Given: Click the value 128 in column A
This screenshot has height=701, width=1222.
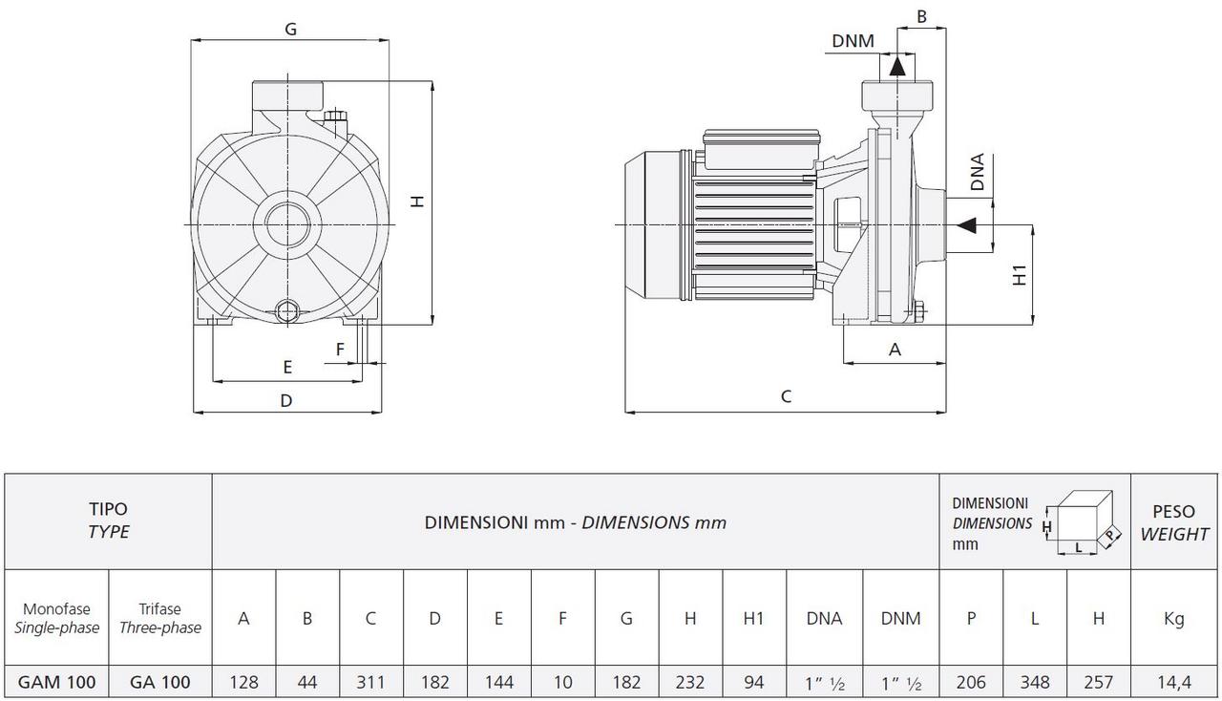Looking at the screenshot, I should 243,682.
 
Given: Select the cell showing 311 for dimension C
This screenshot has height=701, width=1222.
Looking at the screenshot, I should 371,682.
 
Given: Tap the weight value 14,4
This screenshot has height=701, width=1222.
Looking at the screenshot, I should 1173,682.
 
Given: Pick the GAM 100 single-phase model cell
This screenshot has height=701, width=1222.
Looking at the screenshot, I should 56,682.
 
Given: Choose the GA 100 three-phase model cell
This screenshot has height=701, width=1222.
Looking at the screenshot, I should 160,682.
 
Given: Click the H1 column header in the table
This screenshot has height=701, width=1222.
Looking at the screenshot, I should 754,618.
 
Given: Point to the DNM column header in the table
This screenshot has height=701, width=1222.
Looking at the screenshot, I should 900,618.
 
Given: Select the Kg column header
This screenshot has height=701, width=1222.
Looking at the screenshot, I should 1173,618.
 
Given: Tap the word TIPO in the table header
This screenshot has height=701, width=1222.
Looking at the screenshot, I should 108,510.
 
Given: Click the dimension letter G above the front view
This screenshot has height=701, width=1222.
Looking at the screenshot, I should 290,29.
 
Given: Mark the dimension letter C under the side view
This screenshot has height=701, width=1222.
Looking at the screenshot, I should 786,396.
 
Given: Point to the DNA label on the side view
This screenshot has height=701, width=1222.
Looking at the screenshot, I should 977,173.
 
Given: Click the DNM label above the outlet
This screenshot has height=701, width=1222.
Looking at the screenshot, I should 852,40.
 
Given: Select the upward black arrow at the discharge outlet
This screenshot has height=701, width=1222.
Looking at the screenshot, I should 897,65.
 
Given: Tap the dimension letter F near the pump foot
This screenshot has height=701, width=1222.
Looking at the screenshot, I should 340,350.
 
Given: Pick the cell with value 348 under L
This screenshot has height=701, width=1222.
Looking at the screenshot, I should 1035,682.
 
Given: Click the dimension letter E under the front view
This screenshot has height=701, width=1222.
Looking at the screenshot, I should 287,367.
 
